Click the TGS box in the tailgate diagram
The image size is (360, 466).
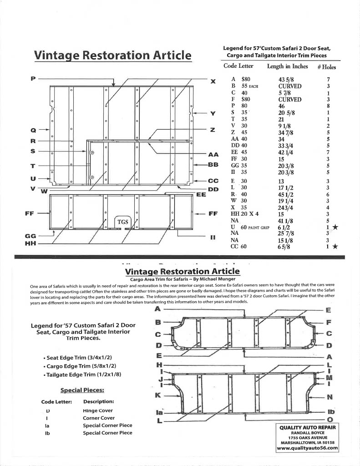[123, 222]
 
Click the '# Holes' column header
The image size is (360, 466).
[326, 66]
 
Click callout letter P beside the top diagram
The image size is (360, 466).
[33, 78]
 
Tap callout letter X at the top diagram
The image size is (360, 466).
[213, 81]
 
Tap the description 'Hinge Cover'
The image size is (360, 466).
[98, 410]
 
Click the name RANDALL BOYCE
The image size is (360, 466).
[307, 433]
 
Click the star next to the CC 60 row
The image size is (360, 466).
[335, 247]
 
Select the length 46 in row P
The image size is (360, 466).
[281, 106]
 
